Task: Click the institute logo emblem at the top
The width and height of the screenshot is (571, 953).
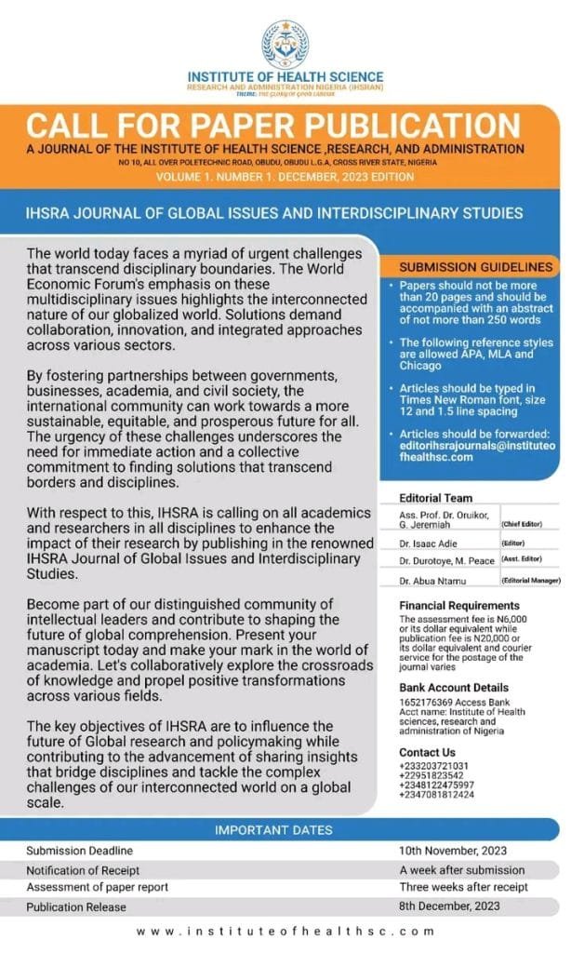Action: tap(285, 41)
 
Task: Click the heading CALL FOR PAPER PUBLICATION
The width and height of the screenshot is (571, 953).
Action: tap(272, 127)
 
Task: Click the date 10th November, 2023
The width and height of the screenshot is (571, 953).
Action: tap(452, 851)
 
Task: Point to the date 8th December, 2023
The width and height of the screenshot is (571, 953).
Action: tap(450, 906)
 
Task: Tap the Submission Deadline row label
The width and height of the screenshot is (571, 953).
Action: tap(79, 851)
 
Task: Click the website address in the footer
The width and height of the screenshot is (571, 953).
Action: tap(285, 931)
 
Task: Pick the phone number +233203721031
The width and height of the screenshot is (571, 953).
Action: tap(434, 765)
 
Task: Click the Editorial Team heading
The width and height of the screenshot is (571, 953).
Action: tap(435, 498)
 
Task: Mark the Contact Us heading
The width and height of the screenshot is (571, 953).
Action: tap(427, 752)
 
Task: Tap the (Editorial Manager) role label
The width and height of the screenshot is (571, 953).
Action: tap(531, 582)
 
